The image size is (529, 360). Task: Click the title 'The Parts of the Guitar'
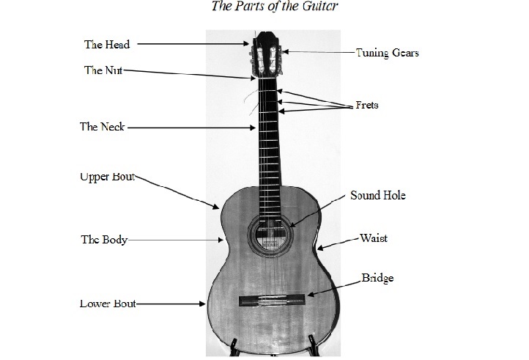click(264, 7)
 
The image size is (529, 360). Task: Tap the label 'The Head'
click(107, 45)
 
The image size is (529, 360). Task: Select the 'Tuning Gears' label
click(388, 53)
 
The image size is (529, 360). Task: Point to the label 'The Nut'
click(103, 70)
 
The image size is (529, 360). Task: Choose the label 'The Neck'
click(103, 127)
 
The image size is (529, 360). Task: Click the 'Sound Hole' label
click(377, 196)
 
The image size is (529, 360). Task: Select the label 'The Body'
click(103, 240)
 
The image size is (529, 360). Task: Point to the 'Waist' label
click(373, 238)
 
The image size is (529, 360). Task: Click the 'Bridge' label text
click(377, 278)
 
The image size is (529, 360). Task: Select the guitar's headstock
click(265, 52)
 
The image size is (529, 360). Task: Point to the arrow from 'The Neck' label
click(192, 128)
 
